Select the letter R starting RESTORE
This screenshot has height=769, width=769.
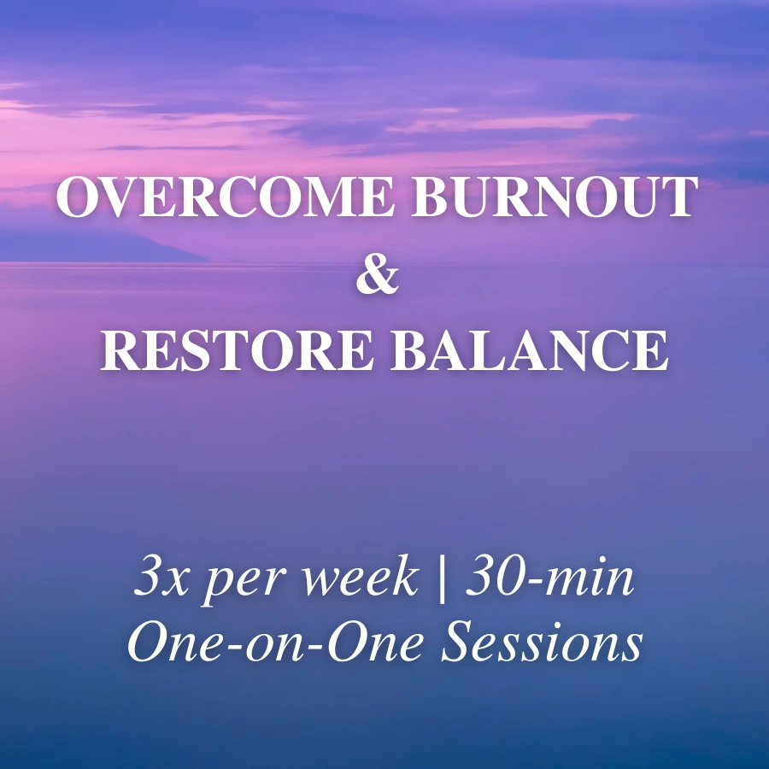[120, 349]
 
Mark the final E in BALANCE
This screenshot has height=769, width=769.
[651, 349]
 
